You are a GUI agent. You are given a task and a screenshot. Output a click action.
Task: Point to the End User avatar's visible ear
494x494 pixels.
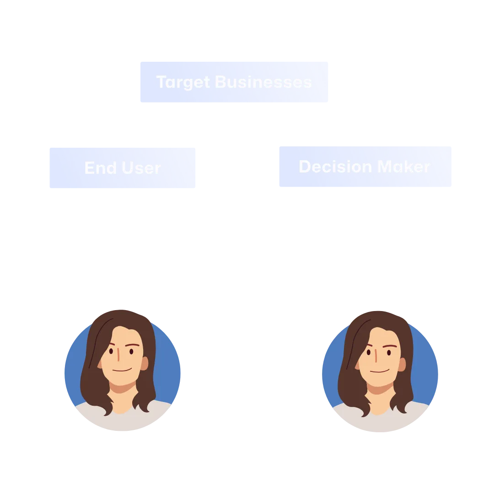pos(145,364)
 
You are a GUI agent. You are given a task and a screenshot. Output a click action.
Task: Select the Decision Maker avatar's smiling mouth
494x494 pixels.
pos(380,371)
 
